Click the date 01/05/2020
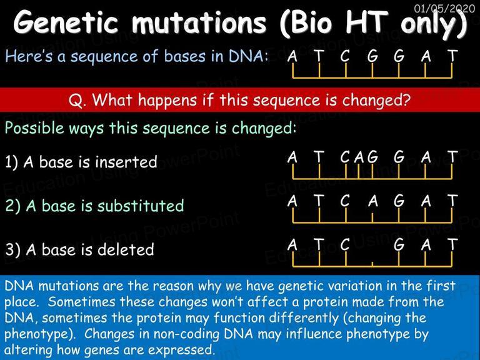point(444,8)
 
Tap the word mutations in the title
point(199,22)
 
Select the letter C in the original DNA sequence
point(345,56)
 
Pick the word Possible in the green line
point(34,128)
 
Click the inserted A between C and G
point(359,157)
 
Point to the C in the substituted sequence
point(345,201)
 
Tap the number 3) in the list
point(13,250)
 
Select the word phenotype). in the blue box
point(40,334)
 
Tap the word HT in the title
point(366,22)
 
